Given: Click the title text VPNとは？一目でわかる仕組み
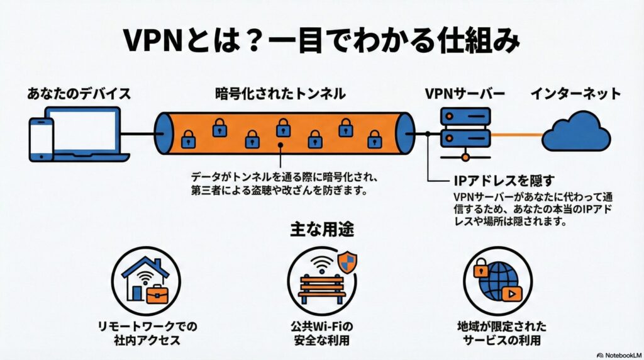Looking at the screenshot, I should (321, 41).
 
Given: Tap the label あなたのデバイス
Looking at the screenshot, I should (79, 94).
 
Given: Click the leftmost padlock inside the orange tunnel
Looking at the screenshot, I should (187, 140).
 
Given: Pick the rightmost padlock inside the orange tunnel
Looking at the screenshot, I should (374, 138).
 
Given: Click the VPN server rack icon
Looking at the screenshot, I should (465, 128).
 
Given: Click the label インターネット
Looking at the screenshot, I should (575, 94).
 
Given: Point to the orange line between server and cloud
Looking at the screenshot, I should (516, 134).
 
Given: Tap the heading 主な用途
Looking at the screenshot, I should (321, 230).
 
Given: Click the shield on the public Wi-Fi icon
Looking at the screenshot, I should (347, 262).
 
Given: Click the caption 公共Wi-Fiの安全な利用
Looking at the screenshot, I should (322, 334).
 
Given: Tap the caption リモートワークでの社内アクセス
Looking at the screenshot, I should (146, 334).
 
